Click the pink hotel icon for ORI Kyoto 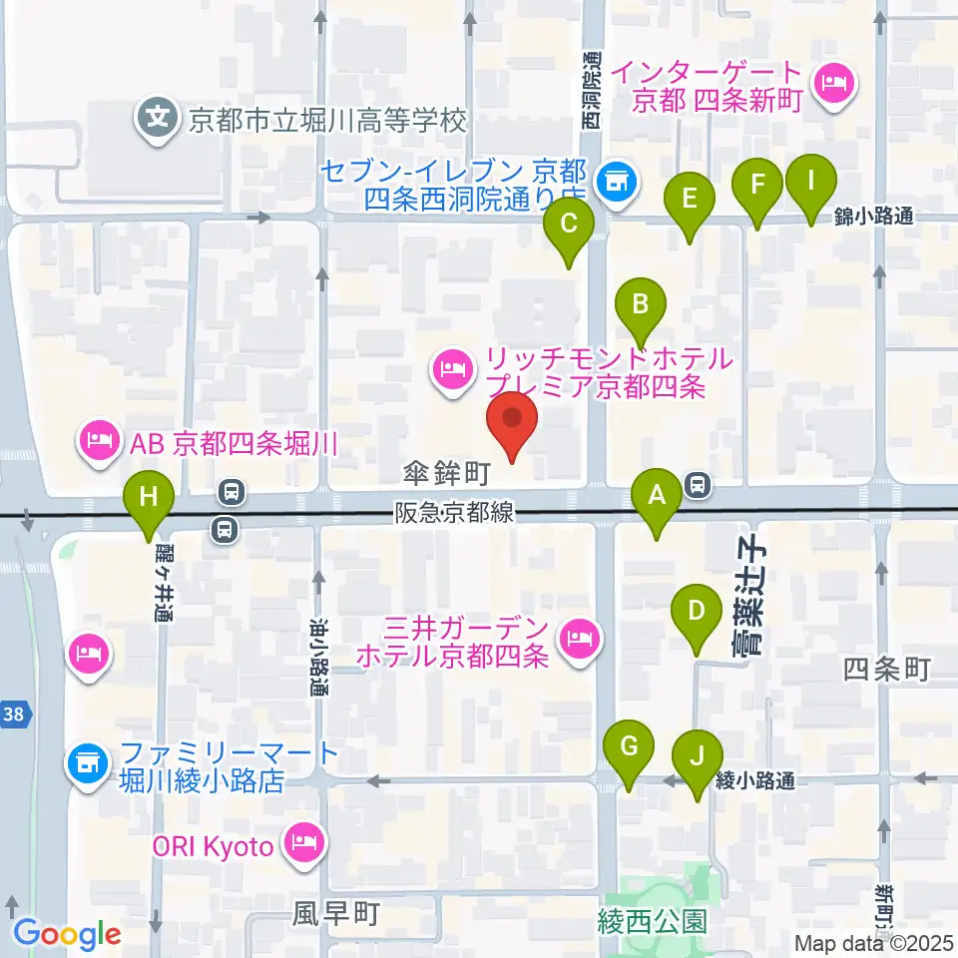pyautogui.click(x=300, y=843)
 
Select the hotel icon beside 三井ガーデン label pyautogui.click(x=578, y=635)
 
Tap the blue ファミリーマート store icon pyautogui.click(x=83, y=764)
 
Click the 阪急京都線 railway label pyautogui.click(x=454, y=512)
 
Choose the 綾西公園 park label pyautogui.click(x=653, y=919)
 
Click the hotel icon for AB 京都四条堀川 pyautogui.click(x=100, y=440)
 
